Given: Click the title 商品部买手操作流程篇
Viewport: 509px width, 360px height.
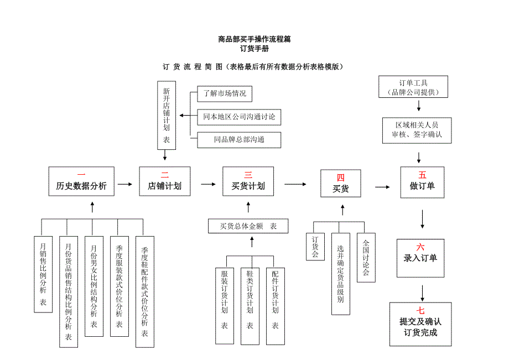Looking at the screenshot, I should click(254, 39).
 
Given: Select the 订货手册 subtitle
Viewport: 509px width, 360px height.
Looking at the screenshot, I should click(254, 49).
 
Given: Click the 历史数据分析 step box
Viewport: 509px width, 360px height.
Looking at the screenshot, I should click(81, 181).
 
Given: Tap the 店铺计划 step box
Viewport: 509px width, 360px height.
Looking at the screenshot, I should click(164, 181).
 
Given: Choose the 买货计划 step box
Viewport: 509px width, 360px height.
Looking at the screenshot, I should click(248, 181).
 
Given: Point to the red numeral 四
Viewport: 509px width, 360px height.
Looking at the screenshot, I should click(341, 178).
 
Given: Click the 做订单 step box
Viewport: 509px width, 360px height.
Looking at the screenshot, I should click(422, 181).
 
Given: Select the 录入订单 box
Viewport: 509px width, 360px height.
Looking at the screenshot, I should click(420, 253).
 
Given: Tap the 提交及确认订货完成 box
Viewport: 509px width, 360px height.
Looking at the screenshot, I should click(420, 324).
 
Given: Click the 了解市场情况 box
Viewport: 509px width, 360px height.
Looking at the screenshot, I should click(225, 93).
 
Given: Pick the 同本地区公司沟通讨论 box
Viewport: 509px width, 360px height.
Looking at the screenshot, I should click(239, 117).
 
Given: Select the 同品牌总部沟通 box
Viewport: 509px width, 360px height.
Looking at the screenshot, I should click(239, 140).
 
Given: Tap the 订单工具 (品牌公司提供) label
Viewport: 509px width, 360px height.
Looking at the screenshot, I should click(413, 87).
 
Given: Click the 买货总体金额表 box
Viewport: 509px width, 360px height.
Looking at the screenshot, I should click(248, 226).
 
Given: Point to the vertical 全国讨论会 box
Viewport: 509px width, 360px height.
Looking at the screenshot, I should click(366, 258).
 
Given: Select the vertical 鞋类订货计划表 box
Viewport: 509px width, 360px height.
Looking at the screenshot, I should click(250, 299).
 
